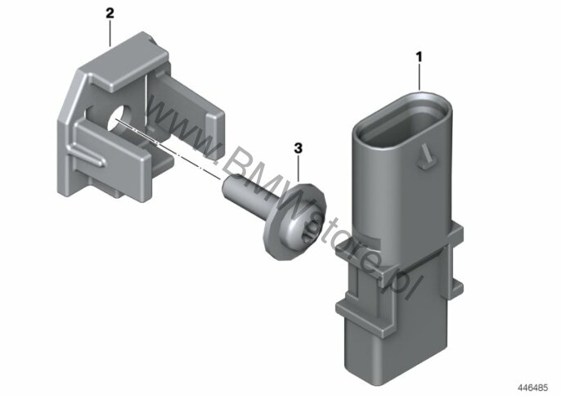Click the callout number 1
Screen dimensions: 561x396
point(419,57)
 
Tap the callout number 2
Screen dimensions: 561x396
point(110,13)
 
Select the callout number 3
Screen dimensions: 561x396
point(298,148)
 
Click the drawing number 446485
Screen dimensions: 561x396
point(532,387)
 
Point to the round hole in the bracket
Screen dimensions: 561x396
point(120,117)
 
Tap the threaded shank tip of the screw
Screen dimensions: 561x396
point(229,186)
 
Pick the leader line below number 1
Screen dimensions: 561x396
point(420,77)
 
